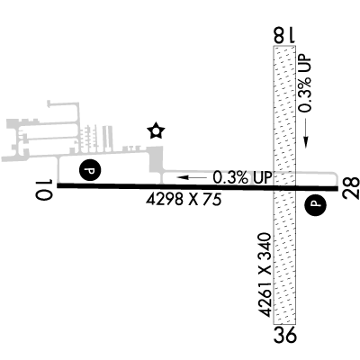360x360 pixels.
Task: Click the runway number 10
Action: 44,190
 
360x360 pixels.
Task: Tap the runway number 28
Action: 351,188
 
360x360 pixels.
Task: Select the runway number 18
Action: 284,35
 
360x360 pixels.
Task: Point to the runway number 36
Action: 284,335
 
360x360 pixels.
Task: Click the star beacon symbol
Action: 156,131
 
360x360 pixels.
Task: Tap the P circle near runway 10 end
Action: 90,170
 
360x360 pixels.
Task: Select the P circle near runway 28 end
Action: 315,204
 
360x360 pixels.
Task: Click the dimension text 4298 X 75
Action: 184,200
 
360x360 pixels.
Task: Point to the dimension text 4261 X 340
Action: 265,274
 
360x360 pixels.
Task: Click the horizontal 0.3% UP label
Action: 242,177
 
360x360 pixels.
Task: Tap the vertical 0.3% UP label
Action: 306,84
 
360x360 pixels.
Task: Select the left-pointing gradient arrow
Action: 192,177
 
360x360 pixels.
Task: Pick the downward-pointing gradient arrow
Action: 306,133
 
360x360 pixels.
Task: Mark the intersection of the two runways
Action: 284,188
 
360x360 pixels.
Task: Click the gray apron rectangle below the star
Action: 156,160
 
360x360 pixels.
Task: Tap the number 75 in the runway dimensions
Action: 212,200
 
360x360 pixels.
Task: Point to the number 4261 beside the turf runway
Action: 265,300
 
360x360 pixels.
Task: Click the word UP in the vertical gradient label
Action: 306,64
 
